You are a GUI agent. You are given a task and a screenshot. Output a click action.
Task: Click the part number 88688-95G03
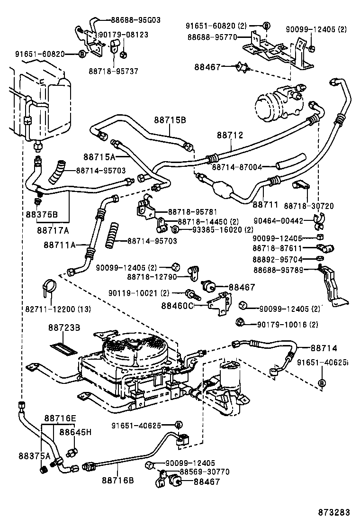[x=136, y=20]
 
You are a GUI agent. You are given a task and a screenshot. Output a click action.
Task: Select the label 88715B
[x=169, y=120]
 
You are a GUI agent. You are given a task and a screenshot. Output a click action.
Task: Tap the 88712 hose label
[x=230, y=135]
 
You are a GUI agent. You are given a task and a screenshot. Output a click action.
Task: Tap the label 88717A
[x=53, y=230]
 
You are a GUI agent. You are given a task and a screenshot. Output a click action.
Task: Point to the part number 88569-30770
[x=205, y=472]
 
